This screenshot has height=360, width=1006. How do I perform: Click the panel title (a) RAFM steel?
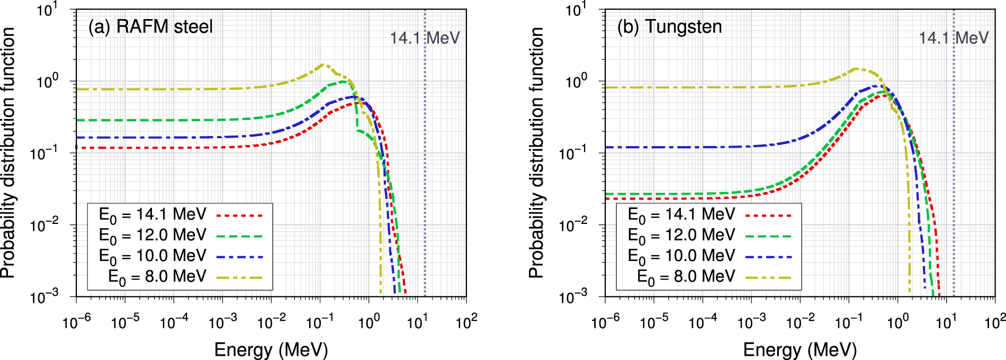tap(150, 26)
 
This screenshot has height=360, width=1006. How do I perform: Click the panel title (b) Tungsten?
tap(669, 26)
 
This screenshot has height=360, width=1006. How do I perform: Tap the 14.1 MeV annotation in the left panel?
tap(425, 38)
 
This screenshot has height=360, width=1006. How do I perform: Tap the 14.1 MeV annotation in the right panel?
tap(953, 38)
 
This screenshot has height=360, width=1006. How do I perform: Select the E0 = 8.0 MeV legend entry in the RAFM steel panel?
tap(157, 277)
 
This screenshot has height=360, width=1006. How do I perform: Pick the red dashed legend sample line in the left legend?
tap(239, 215)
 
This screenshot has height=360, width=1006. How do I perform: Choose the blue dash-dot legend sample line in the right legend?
tap(768, 257)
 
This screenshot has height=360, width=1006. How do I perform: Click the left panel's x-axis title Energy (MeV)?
tap(271, 349)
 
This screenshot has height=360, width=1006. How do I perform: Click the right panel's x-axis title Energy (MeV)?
tap(800, 349)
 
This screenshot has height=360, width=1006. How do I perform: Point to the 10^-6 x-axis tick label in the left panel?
tap(77, 321)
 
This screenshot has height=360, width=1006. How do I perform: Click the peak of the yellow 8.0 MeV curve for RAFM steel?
tap(323, 65)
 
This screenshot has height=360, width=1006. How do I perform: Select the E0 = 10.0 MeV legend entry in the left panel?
tap(152, 256)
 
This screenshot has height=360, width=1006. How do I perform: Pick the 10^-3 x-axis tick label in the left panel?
tap(223, 321)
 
